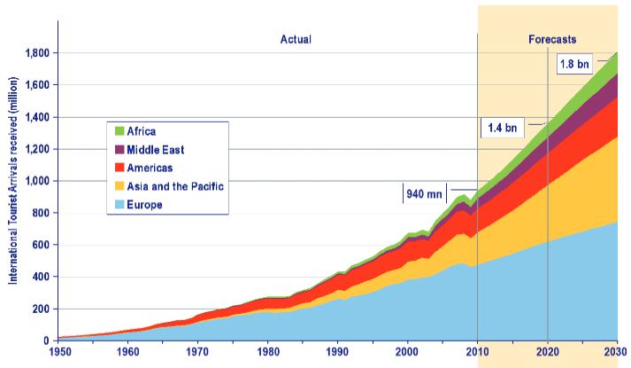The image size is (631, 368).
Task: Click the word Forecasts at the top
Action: pyautogui.click(x=552, y=40)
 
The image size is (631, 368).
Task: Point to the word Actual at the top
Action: pyautogui.click(x=296, y=40)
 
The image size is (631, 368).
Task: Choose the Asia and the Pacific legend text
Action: pyautogui.click(x=176, y=186)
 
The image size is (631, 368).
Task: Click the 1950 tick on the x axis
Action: pyautogui.click(x=58, y=353)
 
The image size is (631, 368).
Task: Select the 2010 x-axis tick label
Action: pyautogui.click(x=478, y=353)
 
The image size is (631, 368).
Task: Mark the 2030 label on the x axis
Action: pyautogui.click(x=616, y=353)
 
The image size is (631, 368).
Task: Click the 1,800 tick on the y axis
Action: pyautogui.click(x=35, y=53)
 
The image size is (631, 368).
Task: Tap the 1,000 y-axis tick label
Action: pyautogui.click(x=35, y=181)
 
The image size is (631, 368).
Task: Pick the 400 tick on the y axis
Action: pyautogui.click(x=41, y=277)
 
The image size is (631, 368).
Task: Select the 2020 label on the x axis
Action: pyautogui.click(x=548, y=353)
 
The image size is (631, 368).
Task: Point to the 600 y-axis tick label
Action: pyautogui.click(x=41, y=245)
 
